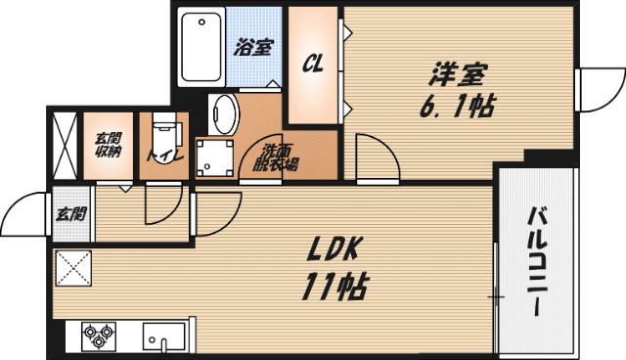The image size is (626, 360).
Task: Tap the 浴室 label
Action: (254, 46)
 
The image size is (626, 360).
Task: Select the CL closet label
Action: (313, 64)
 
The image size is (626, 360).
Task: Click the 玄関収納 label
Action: (108, 144)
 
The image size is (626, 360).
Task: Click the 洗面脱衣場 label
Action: (280, 157)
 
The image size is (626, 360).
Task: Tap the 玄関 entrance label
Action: (69, 213)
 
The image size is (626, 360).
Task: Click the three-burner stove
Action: (97, 336)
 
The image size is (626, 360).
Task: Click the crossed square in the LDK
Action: (71, 268)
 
